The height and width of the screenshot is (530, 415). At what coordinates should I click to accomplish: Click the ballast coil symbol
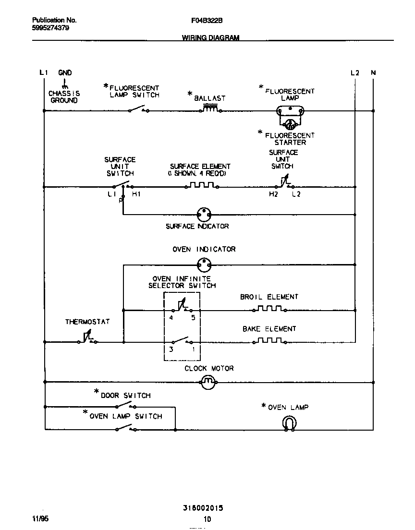(209, 109)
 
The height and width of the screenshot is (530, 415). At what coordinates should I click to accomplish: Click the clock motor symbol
(207, 382)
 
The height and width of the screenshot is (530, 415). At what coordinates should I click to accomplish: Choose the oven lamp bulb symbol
(289, 423)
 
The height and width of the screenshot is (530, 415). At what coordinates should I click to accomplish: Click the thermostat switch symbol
(87, 338)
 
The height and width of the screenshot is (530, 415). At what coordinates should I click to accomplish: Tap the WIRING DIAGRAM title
(210, 37)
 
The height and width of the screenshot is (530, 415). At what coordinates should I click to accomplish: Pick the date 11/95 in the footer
(40, 519)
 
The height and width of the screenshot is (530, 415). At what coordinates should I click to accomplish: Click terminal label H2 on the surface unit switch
(273, 194)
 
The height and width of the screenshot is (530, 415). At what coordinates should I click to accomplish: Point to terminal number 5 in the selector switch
(193, 318)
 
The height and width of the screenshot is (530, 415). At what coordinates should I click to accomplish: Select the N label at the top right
(373, 73)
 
